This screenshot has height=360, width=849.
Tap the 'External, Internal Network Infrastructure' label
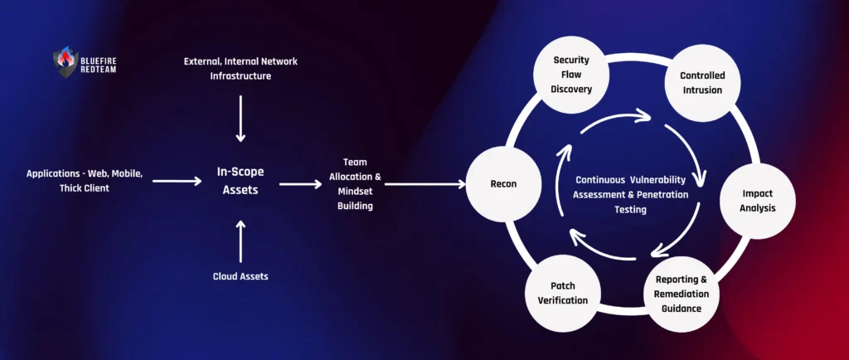point(240,69)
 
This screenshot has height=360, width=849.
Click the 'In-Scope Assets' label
point(240,182)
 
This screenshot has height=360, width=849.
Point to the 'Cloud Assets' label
point(240,276)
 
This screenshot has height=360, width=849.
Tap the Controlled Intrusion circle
point(701,83)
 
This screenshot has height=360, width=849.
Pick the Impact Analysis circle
point(757,201)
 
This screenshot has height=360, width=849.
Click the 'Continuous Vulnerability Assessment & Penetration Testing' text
point(634,195)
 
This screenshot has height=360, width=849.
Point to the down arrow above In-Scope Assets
point(240,118)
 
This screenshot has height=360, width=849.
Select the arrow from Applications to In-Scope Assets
point(177,180)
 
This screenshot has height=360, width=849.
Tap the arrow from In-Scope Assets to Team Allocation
point(299,184)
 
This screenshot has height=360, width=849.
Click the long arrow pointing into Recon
point(424,184)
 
